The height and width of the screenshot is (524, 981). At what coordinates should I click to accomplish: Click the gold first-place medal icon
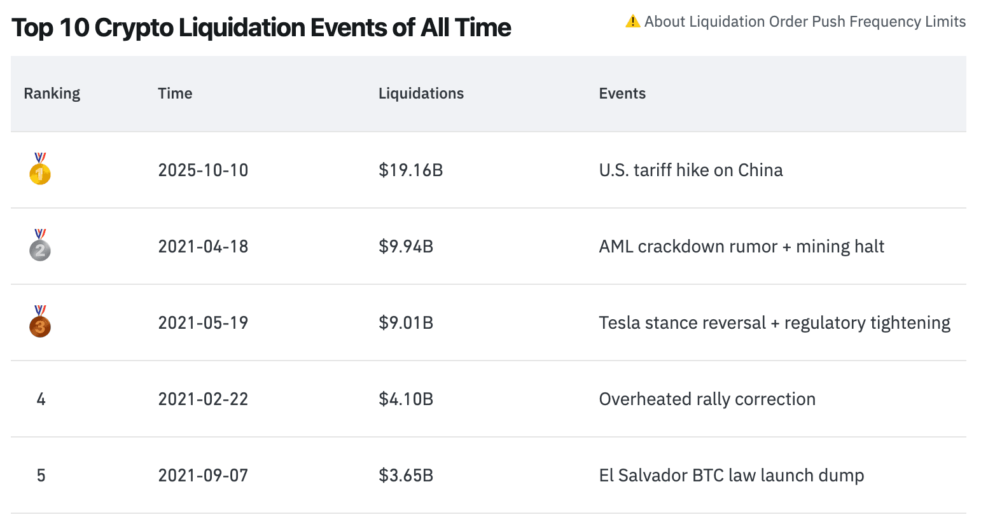(40, 170)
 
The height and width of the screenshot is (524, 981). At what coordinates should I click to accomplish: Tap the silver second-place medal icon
(40, 247)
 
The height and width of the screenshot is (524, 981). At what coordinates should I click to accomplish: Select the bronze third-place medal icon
(40, 323)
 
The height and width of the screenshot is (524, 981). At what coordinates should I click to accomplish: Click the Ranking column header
(52, 93)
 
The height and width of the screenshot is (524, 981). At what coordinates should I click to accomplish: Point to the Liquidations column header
(421, 93)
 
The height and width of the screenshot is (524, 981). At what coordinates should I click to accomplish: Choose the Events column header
(622, 93)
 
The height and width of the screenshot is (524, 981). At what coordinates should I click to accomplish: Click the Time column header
(175, 93)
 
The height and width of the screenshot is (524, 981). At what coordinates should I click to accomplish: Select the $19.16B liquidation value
(410, 170)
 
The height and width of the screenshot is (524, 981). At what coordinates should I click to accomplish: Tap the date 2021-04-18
(203, 247)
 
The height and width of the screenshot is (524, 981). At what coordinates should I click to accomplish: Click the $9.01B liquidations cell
(406, 323)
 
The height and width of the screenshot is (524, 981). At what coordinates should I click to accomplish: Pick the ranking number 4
(41, 399)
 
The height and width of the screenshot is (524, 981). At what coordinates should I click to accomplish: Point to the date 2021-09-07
(203, 476)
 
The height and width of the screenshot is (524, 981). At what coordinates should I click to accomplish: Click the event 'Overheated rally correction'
(707, 399)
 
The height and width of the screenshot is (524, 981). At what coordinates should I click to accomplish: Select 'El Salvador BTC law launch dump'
(731, 476)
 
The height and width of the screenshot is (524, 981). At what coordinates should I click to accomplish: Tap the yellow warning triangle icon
(632, 22)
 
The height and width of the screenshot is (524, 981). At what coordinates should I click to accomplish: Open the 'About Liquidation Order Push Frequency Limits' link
(805, 22)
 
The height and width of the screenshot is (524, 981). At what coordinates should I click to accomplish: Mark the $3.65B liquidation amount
(406, 476)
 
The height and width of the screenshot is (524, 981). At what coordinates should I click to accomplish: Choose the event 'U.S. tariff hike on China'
(690, 170)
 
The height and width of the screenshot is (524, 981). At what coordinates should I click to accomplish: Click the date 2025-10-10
(203, 170)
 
